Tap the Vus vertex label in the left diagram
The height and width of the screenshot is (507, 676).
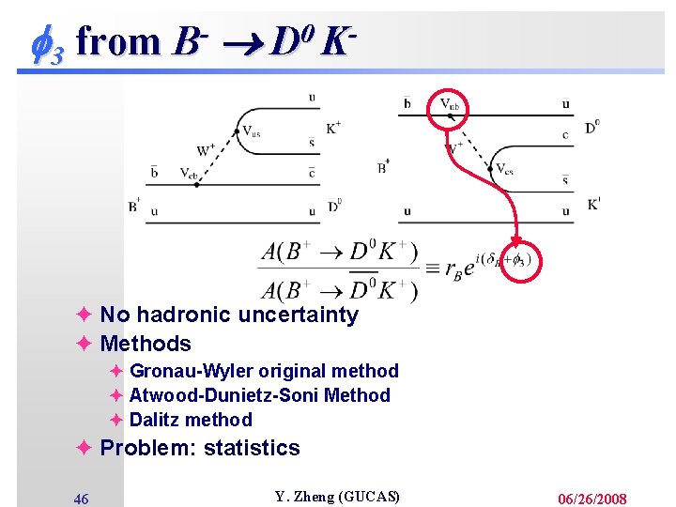[251, 132]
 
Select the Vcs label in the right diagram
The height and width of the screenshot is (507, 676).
[504, 170]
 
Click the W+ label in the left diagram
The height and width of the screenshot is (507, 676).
[206, 149]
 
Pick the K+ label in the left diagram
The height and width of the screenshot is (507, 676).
[333, 128]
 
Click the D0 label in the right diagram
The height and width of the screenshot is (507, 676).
[591, 127]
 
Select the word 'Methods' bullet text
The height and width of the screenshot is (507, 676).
[146, 344]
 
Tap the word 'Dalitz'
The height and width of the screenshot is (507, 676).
[156, 420]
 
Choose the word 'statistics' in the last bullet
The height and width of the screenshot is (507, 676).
[252, 448]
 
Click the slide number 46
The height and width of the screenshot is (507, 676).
[82, 499]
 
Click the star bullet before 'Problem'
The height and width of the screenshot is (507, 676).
[84, 448]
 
